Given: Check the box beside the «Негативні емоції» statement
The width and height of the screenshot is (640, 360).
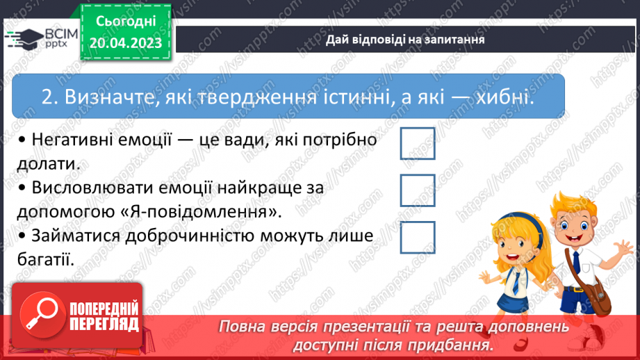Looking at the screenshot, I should point(418,143).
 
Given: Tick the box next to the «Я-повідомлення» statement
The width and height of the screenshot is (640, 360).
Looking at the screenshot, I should point(418,190).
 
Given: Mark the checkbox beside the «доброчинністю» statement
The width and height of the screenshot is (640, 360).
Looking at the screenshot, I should point(418,237).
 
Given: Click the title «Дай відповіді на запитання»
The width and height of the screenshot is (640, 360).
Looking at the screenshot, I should point(405,40).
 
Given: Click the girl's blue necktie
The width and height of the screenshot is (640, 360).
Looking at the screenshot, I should point(516,281).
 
